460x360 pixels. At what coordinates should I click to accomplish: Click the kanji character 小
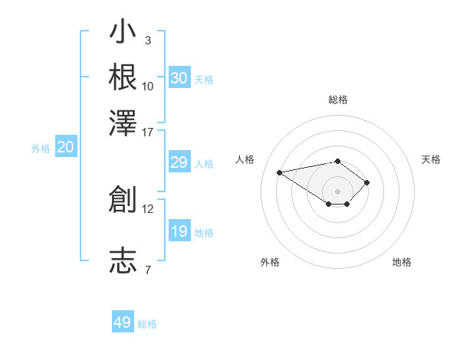pos(123,33)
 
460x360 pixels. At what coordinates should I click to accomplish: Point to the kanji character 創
pos(123,199)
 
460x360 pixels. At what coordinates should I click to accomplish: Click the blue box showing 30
pos(179,78)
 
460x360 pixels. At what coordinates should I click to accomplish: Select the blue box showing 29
pos(179,162)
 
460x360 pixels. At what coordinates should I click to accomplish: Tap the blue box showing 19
pos(179,231)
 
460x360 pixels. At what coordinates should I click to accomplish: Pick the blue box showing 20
pos(65,148)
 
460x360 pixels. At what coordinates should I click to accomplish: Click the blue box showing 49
pos(123,322)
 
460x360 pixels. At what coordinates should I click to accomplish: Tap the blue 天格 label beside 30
pos(204,79)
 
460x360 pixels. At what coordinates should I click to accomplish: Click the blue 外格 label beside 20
pos(41,149)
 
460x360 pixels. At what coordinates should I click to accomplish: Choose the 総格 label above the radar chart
pos(338,100)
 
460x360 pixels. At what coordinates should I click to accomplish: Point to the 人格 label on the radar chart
pos(245,159)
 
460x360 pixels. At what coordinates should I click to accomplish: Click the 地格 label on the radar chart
pos(402,262)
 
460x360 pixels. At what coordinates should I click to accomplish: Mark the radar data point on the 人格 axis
pos(280,172)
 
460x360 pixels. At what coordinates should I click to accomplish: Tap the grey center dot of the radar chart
pos(338,191)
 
